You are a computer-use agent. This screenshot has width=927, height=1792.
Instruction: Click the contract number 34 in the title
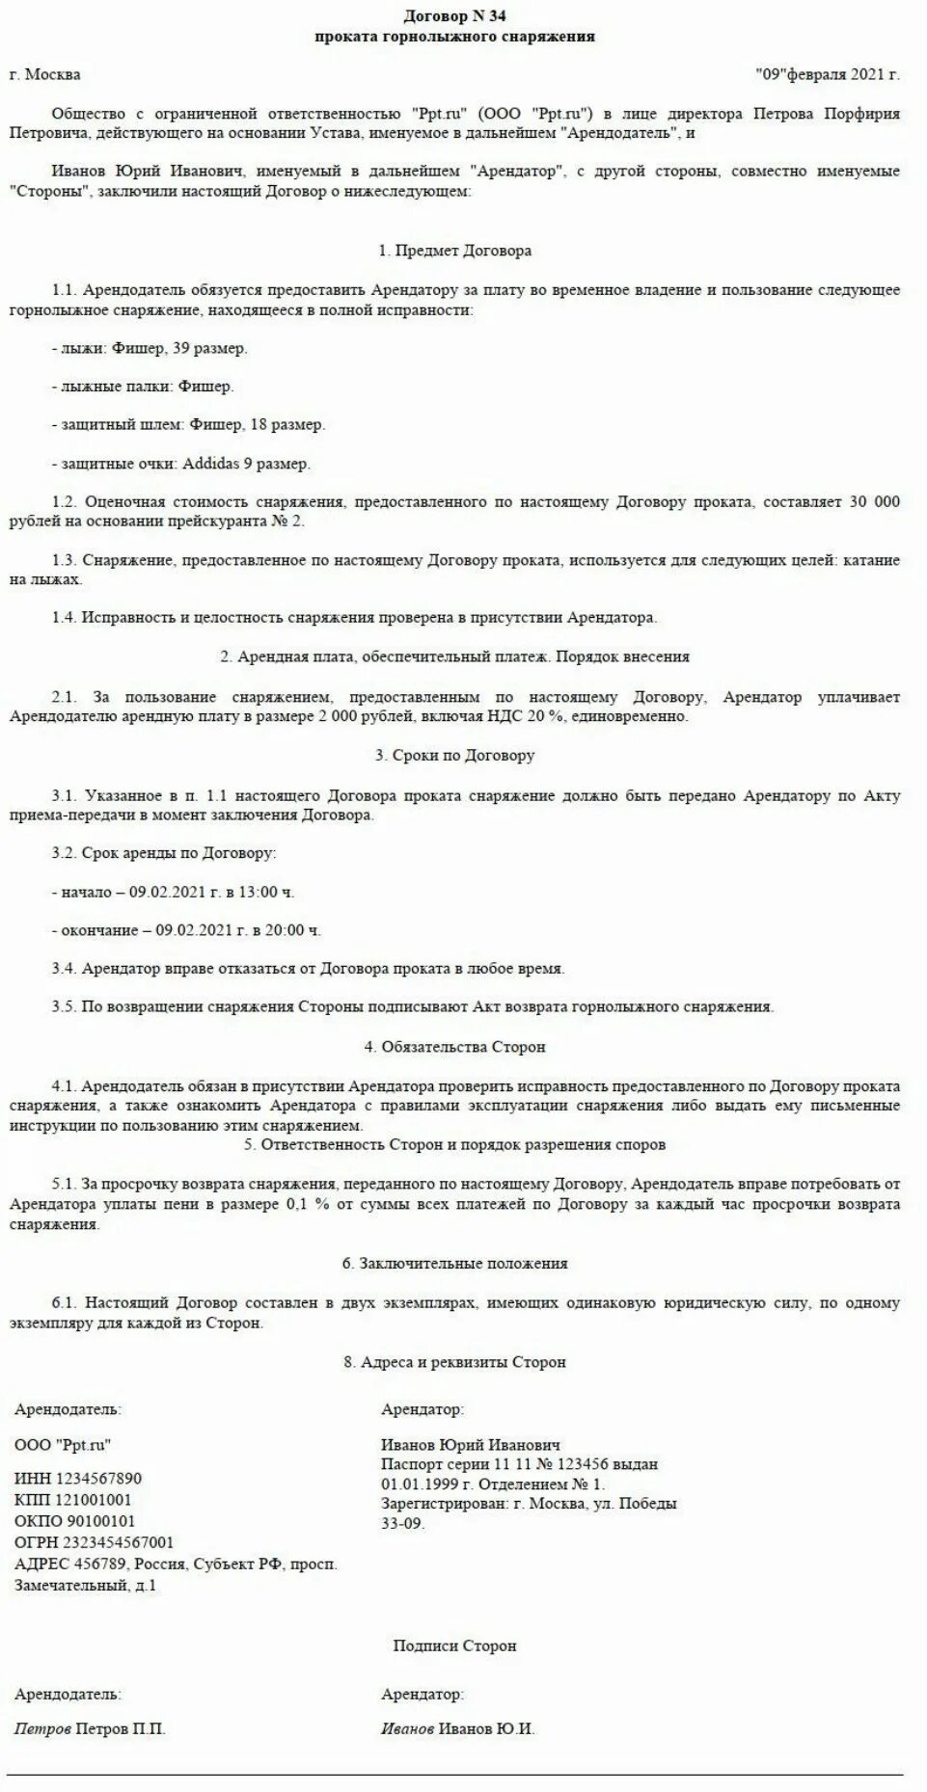pos(497,16)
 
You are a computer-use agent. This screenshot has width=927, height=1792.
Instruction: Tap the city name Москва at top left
pos(53,74)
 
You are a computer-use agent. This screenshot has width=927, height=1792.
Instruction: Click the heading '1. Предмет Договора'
pos(455,251)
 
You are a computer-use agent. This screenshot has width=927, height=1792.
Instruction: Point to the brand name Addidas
pos(210,464)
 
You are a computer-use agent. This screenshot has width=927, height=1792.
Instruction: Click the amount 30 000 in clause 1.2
pos(874,502)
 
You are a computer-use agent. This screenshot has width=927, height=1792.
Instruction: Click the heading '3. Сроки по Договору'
pos(455,756)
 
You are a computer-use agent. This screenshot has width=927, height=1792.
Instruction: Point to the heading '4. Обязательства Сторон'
pos(454,1047)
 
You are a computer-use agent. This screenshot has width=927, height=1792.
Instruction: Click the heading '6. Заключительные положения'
pos(454,1263)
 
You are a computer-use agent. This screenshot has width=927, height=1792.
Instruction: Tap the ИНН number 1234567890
pos(99,1479)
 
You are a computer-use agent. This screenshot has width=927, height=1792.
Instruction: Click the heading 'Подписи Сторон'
pos(454,1645)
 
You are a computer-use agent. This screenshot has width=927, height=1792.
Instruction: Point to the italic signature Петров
pos(42,1728)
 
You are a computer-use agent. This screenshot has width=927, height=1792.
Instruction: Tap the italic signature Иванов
pos(407,1728)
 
